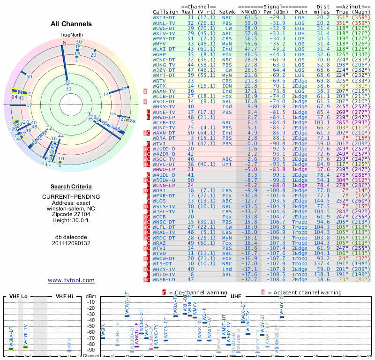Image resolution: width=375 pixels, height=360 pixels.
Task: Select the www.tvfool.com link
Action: pyautogui.click(x=71, y=280)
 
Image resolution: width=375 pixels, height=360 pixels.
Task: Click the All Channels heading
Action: pyautogui.click(x=71, y=24)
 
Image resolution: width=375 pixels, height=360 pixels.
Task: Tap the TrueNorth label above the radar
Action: pyautogui.click(x=71, y=35)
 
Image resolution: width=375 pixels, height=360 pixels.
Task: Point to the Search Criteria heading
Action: pyautogui.click(x=71, y=186)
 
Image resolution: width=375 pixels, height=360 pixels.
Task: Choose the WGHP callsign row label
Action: pyautogui.click(x=160, y=54)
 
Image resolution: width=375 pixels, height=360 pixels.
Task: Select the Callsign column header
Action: pyautogui.click(x=165, y=12)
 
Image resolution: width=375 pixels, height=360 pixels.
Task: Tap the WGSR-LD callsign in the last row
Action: pyautogui.click(x=164, y=279)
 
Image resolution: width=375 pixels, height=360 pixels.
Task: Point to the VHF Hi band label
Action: pyautogui.click(x=64, y=296)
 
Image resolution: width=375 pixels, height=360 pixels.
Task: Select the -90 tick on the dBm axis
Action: pyautogui.click(x=92, y=350)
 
